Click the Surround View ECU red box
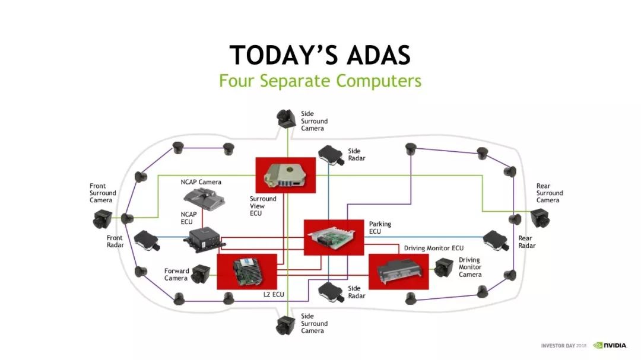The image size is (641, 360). click(285, 175)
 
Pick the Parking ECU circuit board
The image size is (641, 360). click(333, 237)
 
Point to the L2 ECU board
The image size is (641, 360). click(246, 272)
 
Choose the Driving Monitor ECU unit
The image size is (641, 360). click(398, 271)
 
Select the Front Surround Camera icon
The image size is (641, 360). click(103, 220)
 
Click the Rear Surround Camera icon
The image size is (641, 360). click(540, 218)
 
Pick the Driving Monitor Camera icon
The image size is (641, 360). click(443, 269)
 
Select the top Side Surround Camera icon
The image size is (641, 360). click(287, 118)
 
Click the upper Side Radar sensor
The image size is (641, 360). click(331, 155)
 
